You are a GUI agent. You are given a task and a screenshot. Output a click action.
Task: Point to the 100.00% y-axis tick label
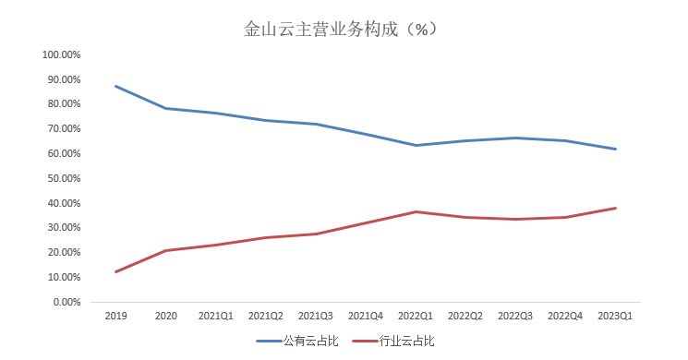pyautogui.click(x=62, y=54)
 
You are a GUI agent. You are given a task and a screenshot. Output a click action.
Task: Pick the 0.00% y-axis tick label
pyautogui.click(x=66, y=302)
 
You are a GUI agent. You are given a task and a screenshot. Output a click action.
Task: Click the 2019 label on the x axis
pyautogui.click(x=115, y=317)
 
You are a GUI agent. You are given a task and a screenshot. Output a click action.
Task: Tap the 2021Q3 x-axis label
pyautogui.click(x=316, y=317)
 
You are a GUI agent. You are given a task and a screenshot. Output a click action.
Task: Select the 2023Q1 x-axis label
pyautogui.click(x=616, y=317)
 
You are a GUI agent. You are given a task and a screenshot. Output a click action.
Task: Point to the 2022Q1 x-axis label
pyautogui.click(x=416, y=317)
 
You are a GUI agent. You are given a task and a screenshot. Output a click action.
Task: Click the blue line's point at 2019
pyautogui.click(x=115, y=86)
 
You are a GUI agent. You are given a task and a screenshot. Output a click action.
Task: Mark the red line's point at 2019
pyautogui.click(x=115, y=271)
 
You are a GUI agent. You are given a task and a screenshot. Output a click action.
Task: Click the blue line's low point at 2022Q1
pyautogui.click(x=416, y=145)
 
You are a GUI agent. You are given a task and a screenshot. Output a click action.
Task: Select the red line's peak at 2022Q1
pyautogui.click(x=416, y=211)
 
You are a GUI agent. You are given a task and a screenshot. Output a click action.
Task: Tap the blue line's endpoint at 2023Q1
pyautogui.click(x=616, y=149)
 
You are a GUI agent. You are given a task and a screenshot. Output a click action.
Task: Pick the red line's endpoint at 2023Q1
pyautogui.click(x=616, y=208)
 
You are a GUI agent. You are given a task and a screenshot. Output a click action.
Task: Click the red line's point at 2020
pyautogui.click(x=165, y=250)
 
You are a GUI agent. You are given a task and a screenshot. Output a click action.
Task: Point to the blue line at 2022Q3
pyautogui.click(x=516, y=138)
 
